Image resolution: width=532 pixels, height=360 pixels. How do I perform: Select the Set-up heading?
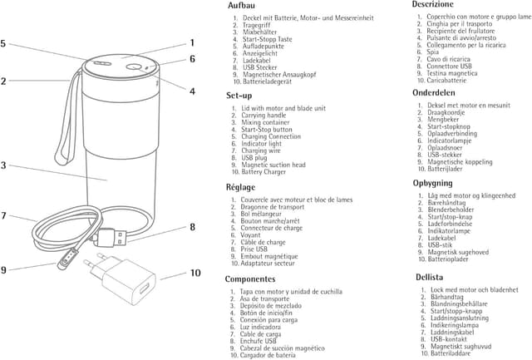239,96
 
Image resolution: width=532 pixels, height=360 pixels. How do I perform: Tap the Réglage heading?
241,187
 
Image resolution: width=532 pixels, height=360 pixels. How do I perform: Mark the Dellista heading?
430,276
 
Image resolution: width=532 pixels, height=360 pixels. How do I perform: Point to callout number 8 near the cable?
192,226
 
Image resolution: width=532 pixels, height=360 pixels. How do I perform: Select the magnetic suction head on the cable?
62,263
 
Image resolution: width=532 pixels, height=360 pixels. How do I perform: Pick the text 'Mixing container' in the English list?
268,122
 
